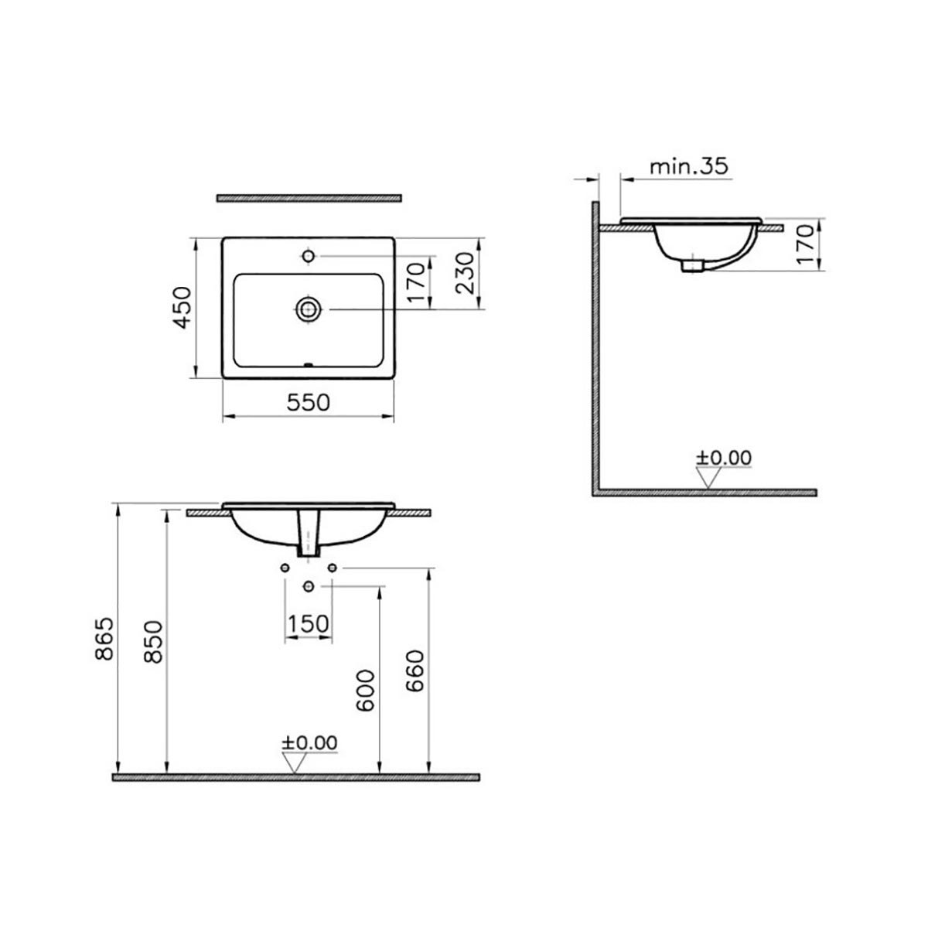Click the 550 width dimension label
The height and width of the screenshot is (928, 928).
(309, 403)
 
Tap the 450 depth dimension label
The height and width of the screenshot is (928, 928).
(183, 308)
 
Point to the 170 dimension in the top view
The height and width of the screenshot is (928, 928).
(417, 281)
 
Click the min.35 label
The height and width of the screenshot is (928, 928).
(689, 166)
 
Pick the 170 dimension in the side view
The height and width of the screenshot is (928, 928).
(805, 244)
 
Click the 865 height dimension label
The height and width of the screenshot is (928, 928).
(104, 639)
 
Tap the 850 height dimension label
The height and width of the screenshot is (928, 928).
(154, 643)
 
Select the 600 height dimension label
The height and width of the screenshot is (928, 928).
(366, 691)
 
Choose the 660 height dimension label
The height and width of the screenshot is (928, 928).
(415, 671)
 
